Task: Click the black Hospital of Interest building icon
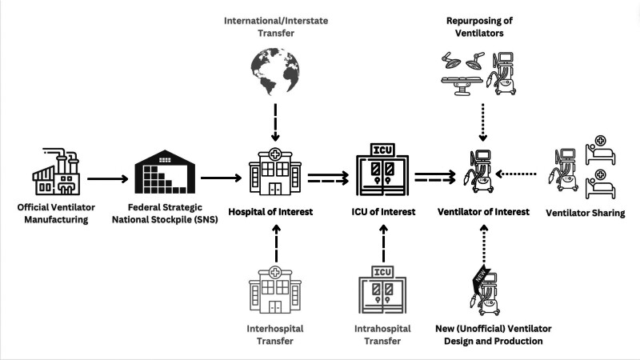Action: (274, 173)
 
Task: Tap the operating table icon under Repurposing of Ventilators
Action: (462, 75)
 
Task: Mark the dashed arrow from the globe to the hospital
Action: (274, 122)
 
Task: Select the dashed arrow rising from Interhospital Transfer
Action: (274, 240)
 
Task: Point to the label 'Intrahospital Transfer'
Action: (383, 334)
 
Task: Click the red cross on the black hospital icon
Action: (274, 154)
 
